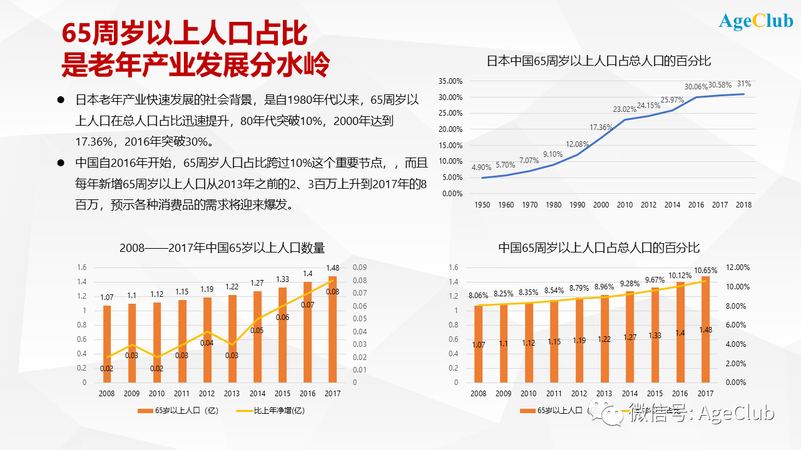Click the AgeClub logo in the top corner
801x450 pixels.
pyautogui.click(x=756, y=21)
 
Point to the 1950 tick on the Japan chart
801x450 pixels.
pyautogui.click(x=482, y=204)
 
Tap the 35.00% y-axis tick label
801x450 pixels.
pyautogui.click(x=451, y=81)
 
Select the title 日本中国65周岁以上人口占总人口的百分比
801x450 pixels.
pyautogui.click(x=599, y=61)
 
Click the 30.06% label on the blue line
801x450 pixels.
pyautogui.click(x=696, y=87)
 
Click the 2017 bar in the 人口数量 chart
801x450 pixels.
pyautogui.click(x=332, y=329)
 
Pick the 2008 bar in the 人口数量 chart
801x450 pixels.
pyautogui.click(x=107, y=344)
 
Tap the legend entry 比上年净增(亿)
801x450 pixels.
pyautogui.click(x=272, y=411)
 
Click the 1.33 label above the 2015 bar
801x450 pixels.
pyautogui.click(x=282, y=279)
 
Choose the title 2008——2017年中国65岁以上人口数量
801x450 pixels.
pyautogui.click(x=222, y=248)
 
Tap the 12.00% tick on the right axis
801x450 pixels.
pyautogui.click(x=737, y=267)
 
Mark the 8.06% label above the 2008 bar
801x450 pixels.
pyautogui.click(x=478, y=296)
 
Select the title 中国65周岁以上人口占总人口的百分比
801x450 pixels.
pyautogui.click(x=599, y=248)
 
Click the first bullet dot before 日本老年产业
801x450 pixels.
pyautogui.click(x=61, y=100)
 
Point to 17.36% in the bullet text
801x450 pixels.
pyautogui.click(x=96, y=141)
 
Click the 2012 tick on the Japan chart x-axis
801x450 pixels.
pyautogui.click(x=649, y=204)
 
